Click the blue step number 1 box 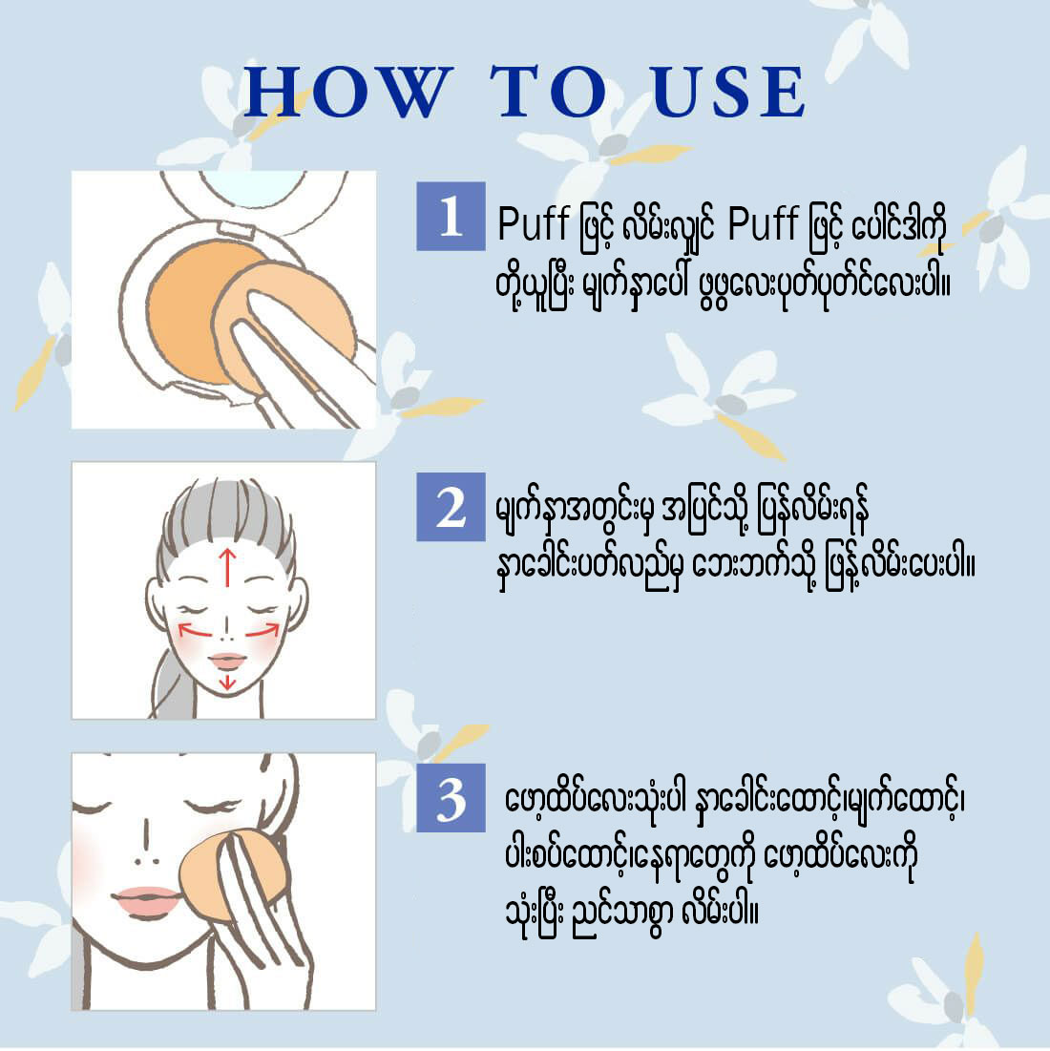click(x=451, y=216)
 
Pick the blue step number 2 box click(x=451, y=507)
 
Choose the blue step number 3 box click(x=451, y=798)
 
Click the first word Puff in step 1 click(x=534, y=224)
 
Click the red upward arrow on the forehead click(x=228, y=567)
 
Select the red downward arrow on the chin click(x=228, y=682)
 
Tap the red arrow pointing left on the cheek click(x=195, y=630)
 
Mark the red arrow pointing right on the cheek click(x=262, y=630)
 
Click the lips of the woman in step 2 click(x=227, y=661)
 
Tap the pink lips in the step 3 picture click(x=147, y=901)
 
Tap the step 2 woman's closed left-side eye click(x=192, y=609)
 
